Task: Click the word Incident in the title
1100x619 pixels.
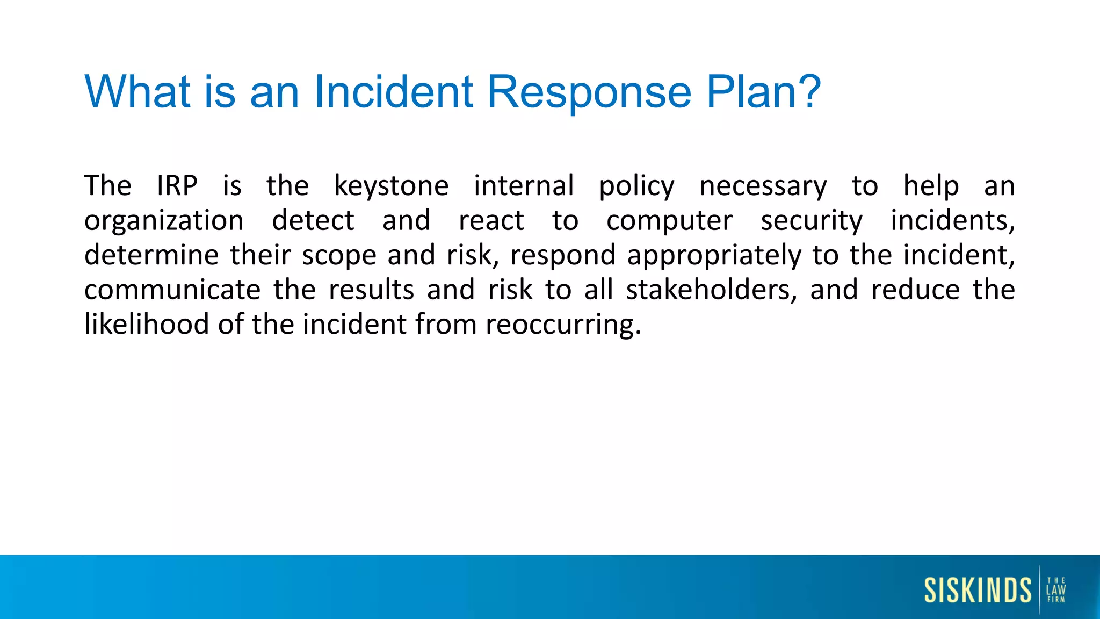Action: pos(393,91)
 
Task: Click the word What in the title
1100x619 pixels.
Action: pos(137,91)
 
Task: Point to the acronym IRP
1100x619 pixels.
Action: pos(177,186)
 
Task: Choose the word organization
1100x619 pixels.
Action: pos(164,221)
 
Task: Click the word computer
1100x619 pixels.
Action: pos(669,221)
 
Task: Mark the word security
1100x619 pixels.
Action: pos(812,221)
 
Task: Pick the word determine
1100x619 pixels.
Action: pos(151,255)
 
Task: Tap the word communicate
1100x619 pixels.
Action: pos(172,290)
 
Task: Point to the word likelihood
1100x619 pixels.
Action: pos(147,325)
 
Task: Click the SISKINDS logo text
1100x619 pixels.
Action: pos(978,590)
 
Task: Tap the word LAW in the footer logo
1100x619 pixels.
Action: pos(1056,590)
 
